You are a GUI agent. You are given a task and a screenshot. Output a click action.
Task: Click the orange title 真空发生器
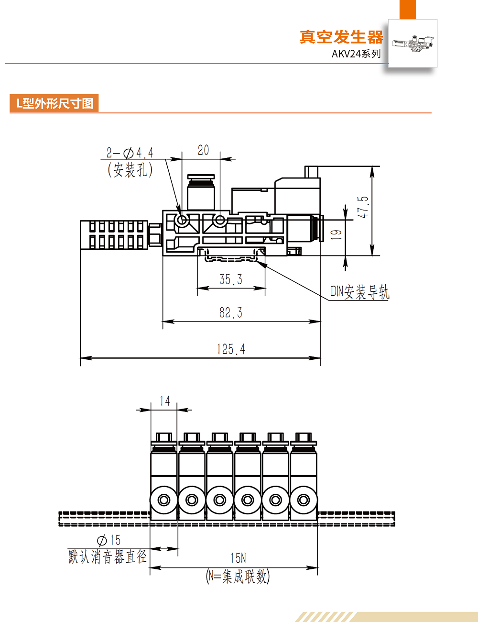pyautogui.click(x=341, y=37)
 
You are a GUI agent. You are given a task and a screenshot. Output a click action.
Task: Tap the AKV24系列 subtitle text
pyautogui.click(x=356, y=54)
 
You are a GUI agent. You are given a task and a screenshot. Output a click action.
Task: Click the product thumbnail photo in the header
pyautogui.click(x=413, y=44)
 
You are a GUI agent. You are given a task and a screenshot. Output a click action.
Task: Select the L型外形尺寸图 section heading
pyautogui.click(x=54, y=103)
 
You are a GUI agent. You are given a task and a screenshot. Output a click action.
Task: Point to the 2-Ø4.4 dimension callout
pyautogui.click(x=130, y=153)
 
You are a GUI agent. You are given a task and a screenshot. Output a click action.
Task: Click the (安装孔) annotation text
pyautogui.click(x=130, y=169)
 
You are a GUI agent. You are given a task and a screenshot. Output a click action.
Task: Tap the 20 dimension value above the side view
pyautogui.click(x=203, y=150)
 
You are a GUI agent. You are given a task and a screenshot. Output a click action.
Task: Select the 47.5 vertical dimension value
pyautogui.click(x=363, y=207)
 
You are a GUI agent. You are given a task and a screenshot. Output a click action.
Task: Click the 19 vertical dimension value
pyautogui.click(x=337, y=234)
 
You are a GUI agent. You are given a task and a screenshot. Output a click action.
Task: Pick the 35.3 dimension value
pyautogui.click(x=231, y=279)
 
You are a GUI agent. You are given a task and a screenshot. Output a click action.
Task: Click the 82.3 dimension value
pyautogui.click(x=231, y=313)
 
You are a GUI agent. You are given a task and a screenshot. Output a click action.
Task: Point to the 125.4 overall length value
pyautogui.click(x=231, y=349)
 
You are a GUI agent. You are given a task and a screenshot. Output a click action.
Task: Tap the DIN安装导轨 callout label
pyautogui.click(x=360, y=292)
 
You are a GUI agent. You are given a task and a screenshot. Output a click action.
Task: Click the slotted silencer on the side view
pyautogui.click(x=114, y=234)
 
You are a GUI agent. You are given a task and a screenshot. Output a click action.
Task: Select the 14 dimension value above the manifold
pyautogui.click(x=165, y=401)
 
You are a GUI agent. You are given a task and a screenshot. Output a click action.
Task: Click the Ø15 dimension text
pyautogui.click(x=109, y=541)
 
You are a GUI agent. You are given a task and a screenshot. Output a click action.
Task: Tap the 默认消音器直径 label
pyautogui.click(x=108, y=556)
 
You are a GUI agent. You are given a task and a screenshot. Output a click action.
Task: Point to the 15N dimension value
pyautogui.click(x=238, y=558)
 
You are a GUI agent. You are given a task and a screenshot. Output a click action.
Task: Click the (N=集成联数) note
pyautogui.click(x=238, y=576)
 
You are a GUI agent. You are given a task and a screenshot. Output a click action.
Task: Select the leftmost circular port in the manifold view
pyautogui.click(x=164, y=500)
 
